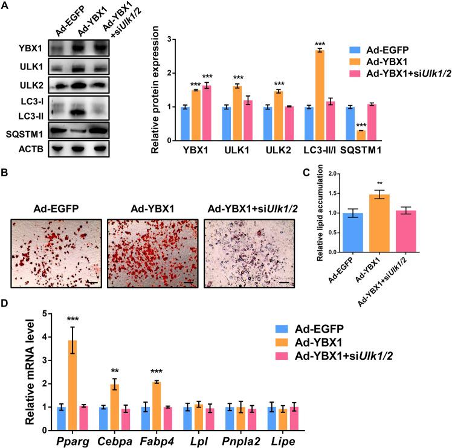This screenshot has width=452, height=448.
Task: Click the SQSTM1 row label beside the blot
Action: pos(22,129)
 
